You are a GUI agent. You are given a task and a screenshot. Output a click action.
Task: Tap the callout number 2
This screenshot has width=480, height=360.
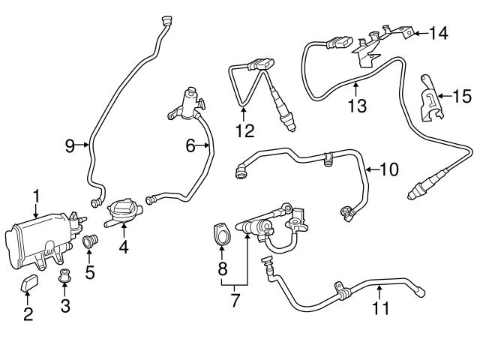28,314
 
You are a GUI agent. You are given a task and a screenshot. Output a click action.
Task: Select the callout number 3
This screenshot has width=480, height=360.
65,306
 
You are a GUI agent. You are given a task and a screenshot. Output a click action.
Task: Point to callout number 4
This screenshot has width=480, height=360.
122,245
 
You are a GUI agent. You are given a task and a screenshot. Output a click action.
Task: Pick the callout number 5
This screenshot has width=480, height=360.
89,272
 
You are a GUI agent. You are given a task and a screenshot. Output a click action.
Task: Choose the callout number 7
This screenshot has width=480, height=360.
235,301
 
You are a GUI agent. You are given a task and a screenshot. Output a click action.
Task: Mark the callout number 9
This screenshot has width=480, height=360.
70,145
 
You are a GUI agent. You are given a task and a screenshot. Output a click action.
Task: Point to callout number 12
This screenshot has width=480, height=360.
244,130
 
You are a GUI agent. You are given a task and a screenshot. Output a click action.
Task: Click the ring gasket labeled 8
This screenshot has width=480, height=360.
221,234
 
